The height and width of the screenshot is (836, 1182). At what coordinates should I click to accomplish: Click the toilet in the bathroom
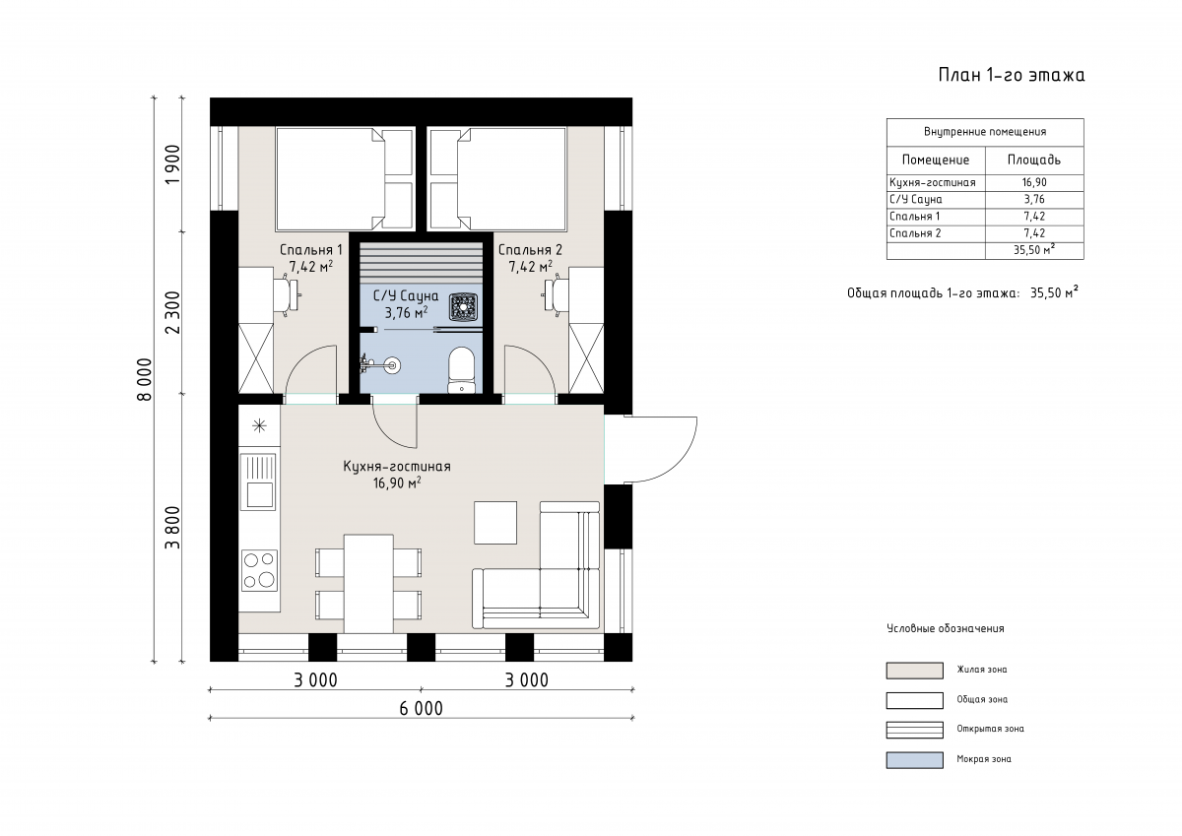point(461,369)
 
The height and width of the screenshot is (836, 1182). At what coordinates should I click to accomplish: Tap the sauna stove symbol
point(464,307)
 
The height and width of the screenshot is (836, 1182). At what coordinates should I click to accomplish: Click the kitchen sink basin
point(259,494)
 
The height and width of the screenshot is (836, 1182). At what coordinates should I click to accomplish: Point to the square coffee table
point(494,523)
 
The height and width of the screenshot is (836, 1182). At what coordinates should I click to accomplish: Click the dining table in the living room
point(368,584)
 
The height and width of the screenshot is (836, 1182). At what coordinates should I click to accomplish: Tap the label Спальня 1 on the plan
point(311,249)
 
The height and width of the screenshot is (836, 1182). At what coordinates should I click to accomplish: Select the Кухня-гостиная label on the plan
point(397,467)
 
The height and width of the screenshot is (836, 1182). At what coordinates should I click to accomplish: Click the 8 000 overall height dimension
point(144,379)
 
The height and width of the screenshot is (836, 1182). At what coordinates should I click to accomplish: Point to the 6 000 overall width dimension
point(422,708)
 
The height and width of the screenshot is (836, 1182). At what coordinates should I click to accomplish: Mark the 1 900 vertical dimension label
point(172,164)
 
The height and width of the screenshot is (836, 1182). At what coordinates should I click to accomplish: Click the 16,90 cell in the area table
point(1033,182)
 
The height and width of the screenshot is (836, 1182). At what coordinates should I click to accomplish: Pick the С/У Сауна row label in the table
point(915,199)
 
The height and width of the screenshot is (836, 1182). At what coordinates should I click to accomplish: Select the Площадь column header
point(1033,160)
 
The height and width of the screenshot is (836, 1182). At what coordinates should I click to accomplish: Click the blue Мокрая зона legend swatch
point(914,760)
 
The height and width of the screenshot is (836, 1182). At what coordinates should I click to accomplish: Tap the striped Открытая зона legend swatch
point(914,730)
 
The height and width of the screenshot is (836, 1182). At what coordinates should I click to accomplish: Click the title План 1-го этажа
point(1011,75)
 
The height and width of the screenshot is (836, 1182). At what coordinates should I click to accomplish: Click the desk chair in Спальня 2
point(554,294)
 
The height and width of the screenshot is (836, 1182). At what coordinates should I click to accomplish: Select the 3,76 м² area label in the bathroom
point(406,313)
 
